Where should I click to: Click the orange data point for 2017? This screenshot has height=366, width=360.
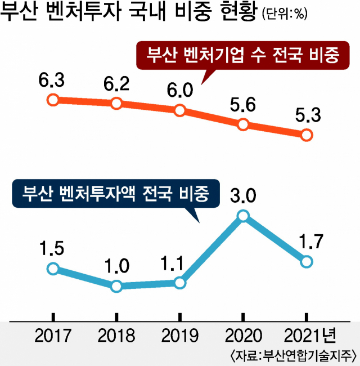[52, 100]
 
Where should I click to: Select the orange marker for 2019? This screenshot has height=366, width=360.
[180, 110]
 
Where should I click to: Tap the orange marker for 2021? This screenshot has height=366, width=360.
[307, 135]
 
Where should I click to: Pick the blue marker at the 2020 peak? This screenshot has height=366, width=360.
[243, 216]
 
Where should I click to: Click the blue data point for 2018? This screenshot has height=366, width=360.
[116, 286]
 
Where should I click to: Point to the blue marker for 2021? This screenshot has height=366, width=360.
[307, 261]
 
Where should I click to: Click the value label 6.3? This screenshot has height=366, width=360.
[52, 81]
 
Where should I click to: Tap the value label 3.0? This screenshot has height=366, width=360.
[243, 195]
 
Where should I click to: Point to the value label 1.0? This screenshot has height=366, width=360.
[116, 265]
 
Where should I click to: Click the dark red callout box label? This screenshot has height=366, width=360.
[243, 55]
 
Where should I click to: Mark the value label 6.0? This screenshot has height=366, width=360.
[180, 90]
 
